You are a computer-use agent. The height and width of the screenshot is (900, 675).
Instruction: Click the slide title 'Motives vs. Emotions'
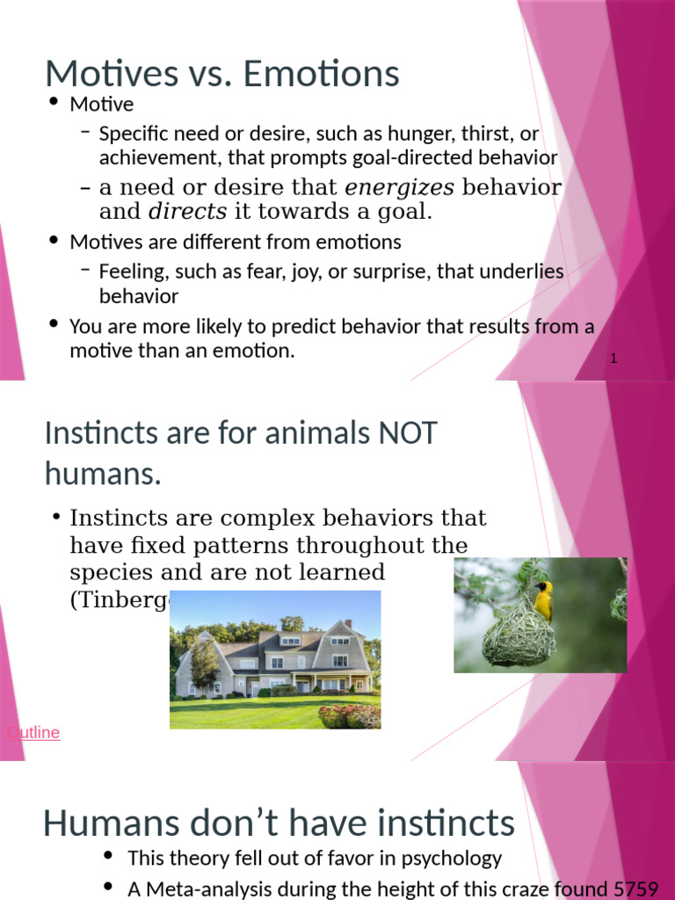(222, 74)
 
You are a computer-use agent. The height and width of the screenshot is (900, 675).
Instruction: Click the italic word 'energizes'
(399, 187)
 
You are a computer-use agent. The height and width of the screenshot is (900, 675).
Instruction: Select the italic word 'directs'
(187, 211)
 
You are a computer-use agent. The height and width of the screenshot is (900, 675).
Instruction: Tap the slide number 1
(613, 359)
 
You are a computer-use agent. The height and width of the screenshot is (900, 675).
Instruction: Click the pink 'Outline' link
(33, 732)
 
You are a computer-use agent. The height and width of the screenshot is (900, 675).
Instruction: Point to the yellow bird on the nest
(544, 599)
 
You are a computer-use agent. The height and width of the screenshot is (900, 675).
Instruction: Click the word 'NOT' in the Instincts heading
(407, 433)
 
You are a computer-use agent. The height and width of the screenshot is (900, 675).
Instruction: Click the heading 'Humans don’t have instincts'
(279, 824)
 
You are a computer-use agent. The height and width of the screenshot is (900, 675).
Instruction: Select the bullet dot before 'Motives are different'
(54, 241)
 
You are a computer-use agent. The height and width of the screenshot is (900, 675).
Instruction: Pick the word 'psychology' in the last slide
(457, 858)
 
